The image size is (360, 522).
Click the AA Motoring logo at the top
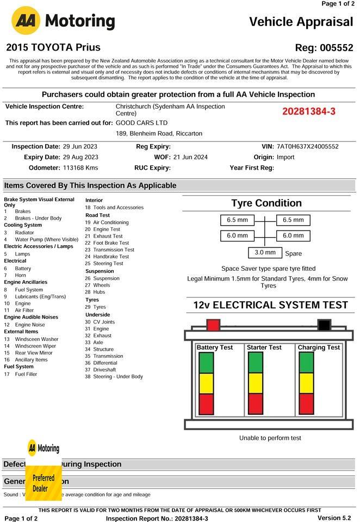tap(63, 21)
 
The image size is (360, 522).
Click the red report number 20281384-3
tap(308, 111)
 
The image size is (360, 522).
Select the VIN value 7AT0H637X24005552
tap(307, 147)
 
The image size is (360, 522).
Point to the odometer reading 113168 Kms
tap(80, 168)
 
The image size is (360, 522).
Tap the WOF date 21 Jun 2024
tap(190, 157)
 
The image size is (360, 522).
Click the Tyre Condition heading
tap(266, 203)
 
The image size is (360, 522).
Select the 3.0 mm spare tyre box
tap(265, 253)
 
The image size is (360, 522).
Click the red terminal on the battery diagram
tap(213, 325)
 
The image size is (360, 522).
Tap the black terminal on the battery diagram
tap(324, 325)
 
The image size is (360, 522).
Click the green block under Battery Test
tap(207, 363)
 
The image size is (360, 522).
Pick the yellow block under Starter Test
tap(256, 383)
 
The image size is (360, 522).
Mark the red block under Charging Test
tap(307, 404)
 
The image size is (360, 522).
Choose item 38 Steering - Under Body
tap(114, 376)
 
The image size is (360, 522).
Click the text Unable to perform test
tap(270, 438)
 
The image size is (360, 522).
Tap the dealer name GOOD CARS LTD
tap(142, 123)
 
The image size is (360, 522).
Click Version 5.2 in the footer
tap(334, 518)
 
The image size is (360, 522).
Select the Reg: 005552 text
tap(324, 48)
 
